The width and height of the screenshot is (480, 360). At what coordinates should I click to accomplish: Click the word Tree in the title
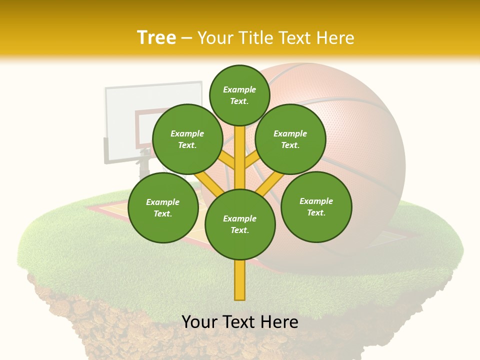[156, 38]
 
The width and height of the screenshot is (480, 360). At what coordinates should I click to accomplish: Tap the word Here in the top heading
[334, 38]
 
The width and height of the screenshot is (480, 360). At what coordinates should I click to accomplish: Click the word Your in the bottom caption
[200, 322]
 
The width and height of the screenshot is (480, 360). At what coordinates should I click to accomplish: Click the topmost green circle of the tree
[239, 95]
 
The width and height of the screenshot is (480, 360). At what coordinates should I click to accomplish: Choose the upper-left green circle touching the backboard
[187, 139]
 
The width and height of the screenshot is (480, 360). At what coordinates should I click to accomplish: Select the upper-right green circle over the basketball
[290, 139]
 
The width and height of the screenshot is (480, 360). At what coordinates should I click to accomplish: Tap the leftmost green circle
[163, 207]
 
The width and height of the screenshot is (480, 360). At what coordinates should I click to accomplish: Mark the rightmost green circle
[316, 206]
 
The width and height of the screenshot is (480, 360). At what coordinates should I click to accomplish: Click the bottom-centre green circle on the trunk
[240, 224]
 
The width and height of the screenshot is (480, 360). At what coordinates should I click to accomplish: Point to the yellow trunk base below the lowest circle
[240, 280]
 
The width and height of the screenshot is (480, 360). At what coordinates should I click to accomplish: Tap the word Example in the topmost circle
[239, 89]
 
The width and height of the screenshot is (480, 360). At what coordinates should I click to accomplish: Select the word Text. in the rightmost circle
[316, 212]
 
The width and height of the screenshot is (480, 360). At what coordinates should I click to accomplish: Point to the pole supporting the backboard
[144, 165]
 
